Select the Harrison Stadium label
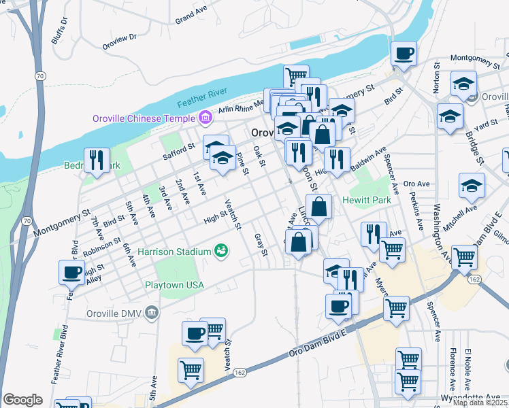[174, 252]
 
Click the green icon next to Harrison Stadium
[221, 252]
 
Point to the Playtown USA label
[174, 284]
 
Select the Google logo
[23, 400]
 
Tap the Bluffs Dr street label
[64, 27]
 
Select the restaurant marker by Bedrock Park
[97, 160]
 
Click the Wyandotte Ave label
[484, 396]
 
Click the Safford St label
[178, 150]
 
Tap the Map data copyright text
[480, 403]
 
